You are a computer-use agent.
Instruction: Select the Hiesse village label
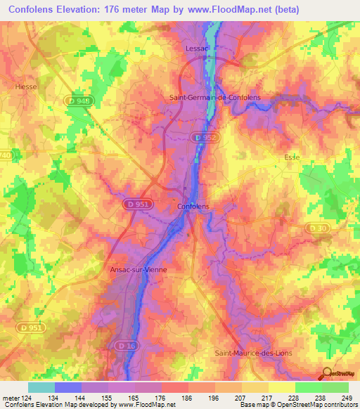tap(25, 86)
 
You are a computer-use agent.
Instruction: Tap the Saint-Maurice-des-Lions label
tap(253, 352)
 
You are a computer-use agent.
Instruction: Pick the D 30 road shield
tap(318, 227)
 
